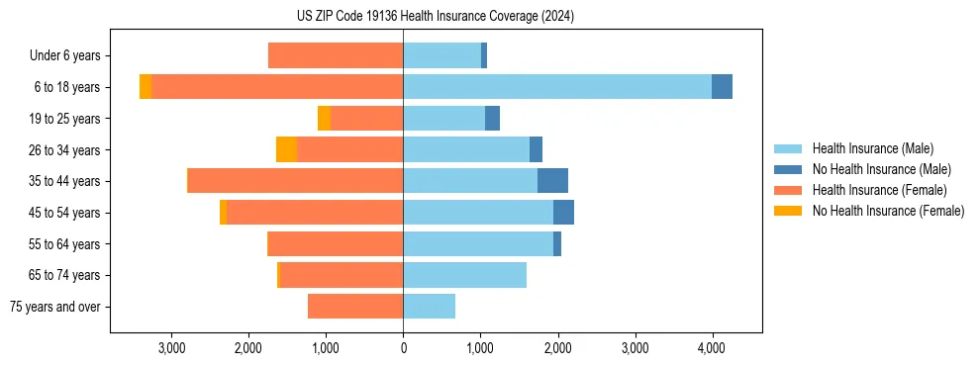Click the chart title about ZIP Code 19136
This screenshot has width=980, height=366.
435,17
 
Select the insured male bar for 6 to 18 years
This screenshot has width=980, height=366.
556,87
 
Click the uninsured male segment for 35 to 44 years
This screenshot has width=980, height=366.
552,181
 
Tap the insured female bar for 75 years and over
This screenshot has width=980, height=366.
355,307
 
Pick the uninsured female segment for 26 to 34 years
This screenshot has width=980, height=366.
286,149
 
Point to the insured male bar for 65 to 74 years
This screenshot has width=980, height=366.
464,275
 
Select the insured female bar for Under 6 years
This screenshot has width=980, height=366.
336,55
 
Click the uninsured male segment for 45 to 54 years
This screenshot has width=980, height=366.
563,213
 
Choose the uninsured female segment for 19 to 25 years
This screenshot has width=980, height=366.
324,119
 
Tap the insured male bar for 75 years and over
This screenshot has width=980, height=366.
429,307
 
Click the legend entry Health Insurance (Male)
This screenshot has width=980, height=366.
872,148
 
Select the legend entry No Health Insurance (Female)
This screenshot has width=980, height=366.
888,211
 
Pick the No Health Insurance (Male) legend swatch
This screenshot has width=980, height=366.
789,169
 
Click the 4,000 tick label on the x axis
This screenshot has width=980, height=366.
712,348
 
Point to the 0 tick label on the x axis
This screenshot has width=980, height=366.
403,348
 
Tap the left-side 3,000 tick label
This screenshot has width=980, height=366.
171,348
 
